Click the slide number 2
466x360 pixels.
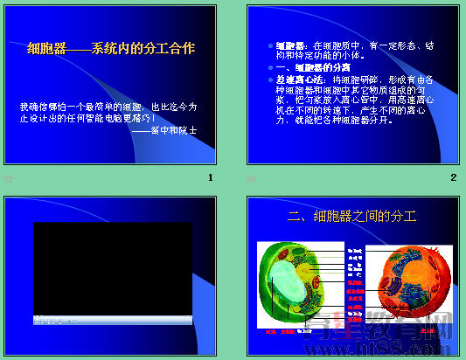pyautogui.click(x=454, y=178)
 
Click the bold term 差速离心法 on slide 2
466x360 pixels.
pyautogui.click(x=294, y=79)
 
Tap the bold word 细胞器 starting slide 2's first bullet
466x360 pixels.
pyautogui.click(x=289, y=44)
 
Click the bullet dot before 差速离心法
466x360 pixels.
pyautogui.click(x=269, y=79)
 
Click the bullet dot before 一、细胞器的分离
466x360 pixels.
pyautogui.click(x=269, y=67)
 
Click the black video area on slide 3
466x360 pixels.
pyautogui.click(x=112, y=267)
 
